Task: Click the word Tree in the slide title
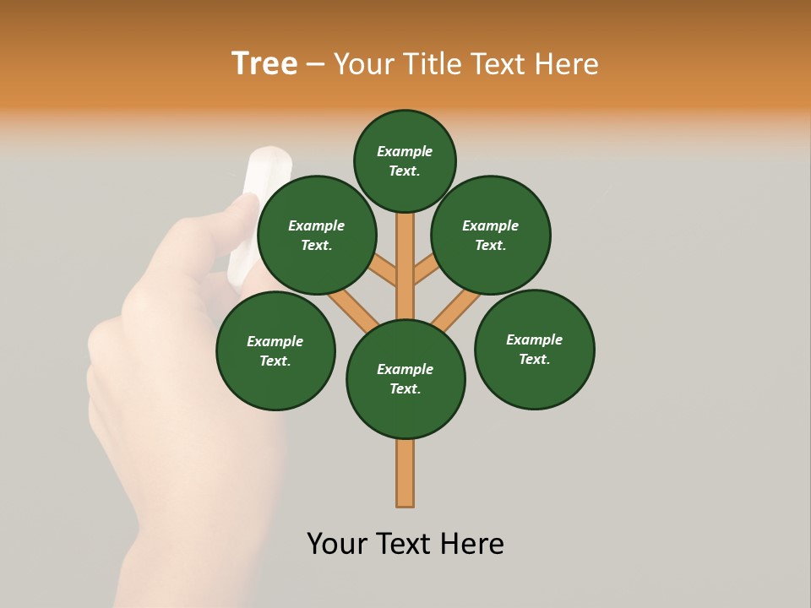coord(264,64)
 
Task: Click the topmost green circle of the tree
coord(405,161)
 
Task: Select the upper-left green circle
coord(317,235)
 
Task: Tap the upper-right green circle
coord(491,235)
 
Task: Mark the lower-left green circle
coord(275,350)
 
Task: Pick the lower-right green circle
coord(535,349)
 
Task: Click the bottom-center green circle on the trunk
coord(405,379)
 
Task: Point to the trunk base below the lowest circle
coord(405,473)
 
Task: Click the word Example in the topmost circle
coord(405,152)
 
